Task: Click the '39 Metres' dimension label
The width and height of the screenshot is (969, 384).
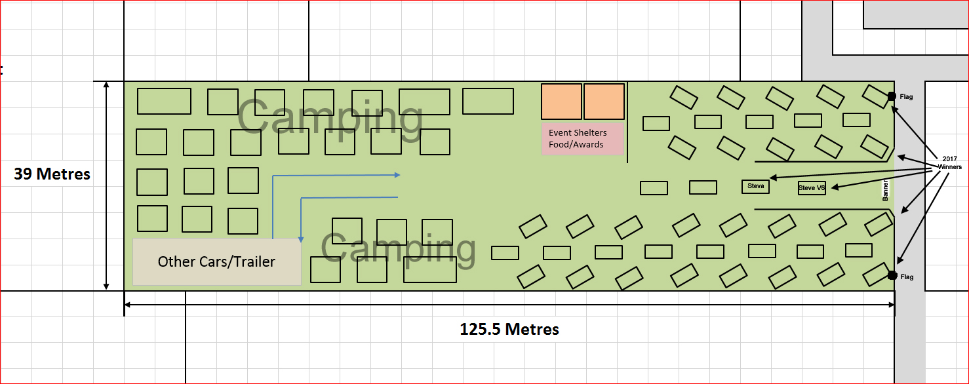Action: pos(52,174)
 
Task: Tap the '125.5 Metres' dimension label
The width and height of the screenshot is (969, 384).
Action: pos(509,329)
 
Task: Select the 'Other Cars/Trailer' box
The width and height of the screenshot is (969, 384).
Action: pos(217,261)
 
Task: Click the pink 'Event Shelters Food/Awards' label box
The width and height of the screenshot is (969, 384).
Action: pos(583,139)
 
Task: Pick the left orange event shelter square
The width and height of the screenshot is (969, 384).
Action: pos(561,102)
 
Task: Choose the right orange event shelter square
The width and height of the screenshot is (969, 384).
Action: pos(604,102)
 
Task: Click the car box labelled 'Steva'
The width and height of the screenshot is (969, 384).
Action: pos(756,186)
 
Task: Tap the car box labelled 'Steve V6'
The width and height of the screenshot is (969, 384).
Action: pos(812,187)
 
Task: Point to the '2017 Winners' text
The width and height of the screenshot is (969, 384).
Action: pos(950,163)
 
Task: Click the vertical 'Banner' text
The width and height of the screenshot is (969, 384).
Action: pos(885,190)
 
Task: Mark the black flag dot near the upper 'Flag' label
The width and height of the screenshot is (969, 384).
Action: pos(892,96)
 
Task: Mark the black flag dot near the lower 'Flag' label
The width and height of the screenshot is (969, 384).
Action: pos(892,275)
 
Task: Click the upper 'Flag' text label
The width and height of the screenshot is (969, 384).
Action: pos(906,97)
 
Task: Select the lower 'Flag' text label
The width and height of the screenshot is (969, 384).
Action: pos(907,277)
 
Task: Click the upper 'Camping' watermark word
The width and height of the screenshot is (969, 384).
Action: pos(330,117)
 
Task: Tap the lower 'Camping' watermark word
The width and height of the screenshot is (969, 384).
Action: pos(398,248)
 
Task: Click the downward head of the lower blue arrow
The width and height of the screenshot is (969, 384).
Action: pos(301,240)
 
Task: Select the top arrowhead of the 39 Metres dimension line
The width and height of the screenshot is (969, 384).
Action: pos(106,85)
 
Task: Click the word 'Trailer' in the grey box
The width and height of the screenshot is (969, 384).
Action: pos(254,261)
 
